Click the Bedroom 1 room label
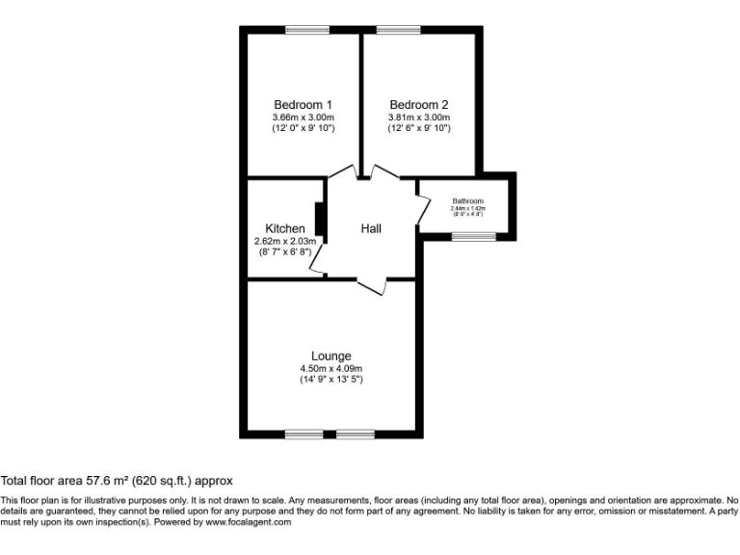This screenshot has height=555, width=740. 303,105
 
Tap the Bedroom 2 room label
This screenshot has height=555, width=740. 418,105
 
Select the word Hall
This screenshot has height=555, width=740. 371,228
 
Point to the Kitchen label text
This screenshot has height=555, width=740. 284,228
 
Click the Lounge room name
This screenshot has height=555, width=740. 330,356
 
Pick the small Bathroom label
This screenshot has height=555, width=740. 467,201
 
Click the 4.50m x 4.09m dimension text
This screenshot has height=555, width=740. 330,368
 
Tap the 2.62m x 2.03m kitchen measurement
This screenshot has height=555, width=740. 284,241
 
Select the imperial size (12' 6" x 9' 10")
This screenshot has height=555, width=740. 418,128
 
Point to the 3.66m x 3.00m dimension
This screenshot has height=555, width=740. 303,117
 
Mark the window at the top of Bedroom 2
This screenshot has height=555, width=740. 391,30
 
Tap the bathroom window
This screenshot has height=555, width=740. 474,236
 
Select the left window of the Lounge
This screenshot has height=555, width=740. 304,434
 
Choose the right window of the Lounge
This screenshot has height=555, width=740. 356,434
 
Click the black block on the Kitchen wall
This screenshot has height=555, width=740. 317,218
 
